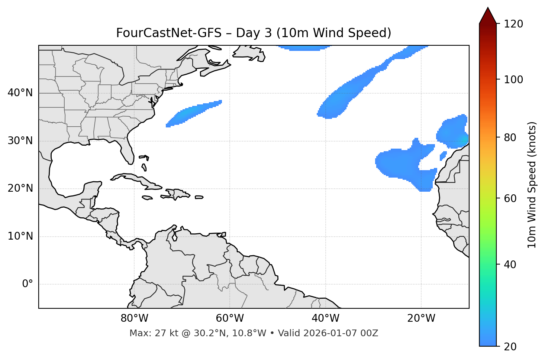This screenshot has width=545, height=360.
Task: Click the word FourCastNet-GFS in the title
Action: pos(168,33)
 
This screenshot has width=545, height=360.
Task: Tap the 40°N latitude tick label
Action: pos(20,93)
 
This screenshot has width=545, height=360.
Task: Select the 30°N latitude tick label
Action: pos(20,141)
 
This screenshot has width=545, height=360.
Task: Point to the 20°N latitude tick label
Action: pos(20,188)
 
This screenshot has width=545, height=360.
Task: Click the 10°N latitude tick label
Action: pos(20,236)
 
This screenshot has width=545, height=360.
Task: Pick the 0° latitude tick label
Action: pos(28,284)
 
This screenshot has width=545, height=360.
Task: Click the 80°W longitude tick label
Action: pos(134,318)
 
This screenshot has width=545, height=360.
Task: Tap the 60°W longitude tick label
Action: pos(230,318)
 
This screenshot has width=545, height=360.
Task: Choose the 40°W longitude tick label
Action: pos(325,318)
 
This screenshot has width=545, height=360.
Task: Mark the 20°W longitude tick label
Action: pos(421,318)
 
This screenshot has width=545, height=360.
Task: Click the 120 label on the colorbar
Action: pos(513,24)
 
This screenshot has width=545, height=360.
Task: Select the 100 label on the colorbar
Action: pos(513,80)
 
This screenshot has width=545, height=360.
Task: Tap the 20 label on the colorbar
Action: pos(510,347)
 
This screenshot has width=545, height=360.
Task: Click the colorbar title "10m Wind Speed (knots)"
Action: pos(532,185)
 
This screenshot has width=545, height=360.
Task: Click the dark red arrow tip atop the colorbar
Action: pos(488,15)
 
